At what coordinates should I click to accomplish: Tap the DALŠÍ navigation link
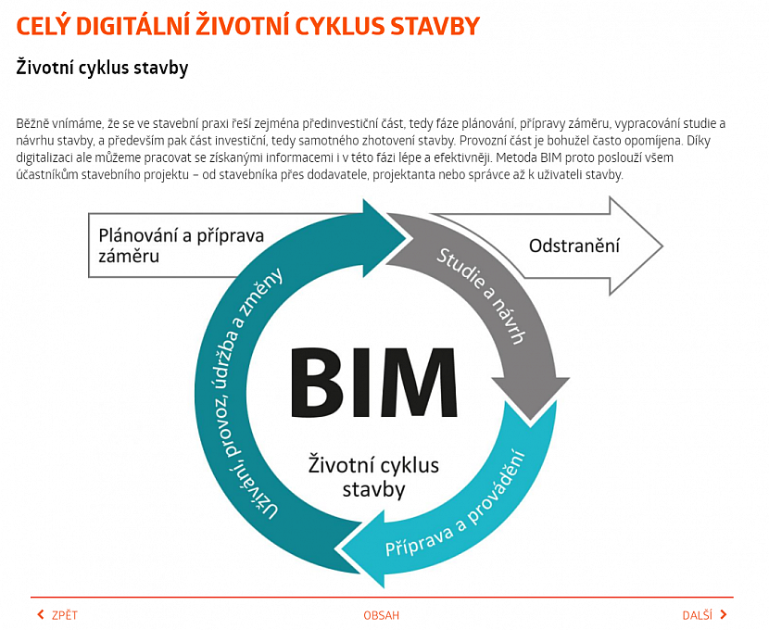tap(697, 615)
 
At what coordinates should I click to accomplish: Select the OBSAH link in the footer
tap(382, 615)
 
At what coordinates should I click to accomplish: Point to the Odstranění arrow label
tap(574, 246)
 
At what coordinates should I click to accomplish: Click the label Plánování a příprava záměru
tap(181, 246)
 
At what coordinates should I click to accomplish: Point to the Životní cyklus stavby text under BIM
tap(373, 475)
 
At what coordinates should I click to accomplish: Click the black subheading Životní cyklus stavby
tap(102, 68)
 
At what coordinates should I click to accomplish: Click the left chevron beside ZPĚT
tap(40, 615)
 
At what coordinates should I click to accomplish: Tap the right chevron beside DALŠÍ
tap(724, 615)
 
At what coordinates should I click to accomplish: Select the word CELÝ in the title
tap(42, 27)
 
